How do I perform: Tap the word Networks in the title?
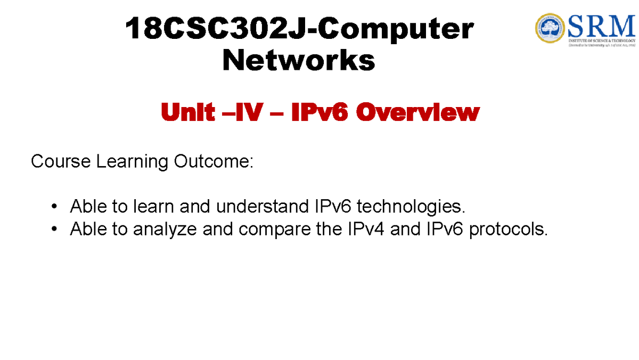pyautogui.click(x=299, y=61)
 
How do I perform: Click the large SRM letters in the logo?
pyautogui.click(x=602, y=23)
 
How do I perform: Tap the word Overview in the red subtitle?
pyautogui.click(x=417, y=112)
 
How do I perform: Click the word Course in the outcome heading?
pyautogui.click(x=61, y=161)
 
